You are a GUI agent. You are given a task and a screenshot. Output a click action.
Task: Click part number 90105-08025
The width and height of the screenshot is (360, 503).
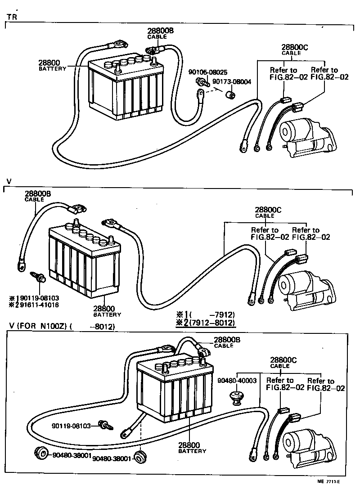[208, 72]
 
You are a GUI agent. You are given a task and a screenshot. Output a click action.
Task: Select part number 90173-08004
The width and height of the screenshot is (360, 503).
[231, 82]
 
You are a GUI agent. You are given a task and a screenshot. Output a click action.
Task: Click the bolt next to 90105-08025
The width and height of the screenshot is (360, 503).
[202, 82]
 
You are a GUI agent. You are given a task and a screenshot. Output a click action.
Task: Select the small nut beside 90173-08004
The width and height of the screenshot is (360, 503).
[231, 95]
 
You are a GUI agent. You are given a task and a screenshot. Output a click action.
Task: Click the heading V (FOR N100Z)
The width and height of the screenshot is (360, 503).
[38, 327]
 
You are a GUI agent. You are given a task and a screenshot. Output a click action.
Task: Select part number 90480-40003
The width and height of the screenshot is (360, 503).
[237, 380]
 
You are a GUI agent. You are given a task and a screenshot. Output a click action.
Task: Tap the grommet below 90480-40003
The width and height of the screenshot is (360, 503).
[236, 397]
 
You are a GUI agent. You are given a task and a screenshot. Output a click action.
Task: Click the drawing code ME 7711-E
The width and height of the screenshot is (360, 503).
[328, 494]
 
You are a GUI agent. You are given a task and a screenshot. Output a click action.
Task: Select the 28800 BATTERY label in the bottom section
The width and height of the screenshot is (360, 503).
[193, 447]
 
